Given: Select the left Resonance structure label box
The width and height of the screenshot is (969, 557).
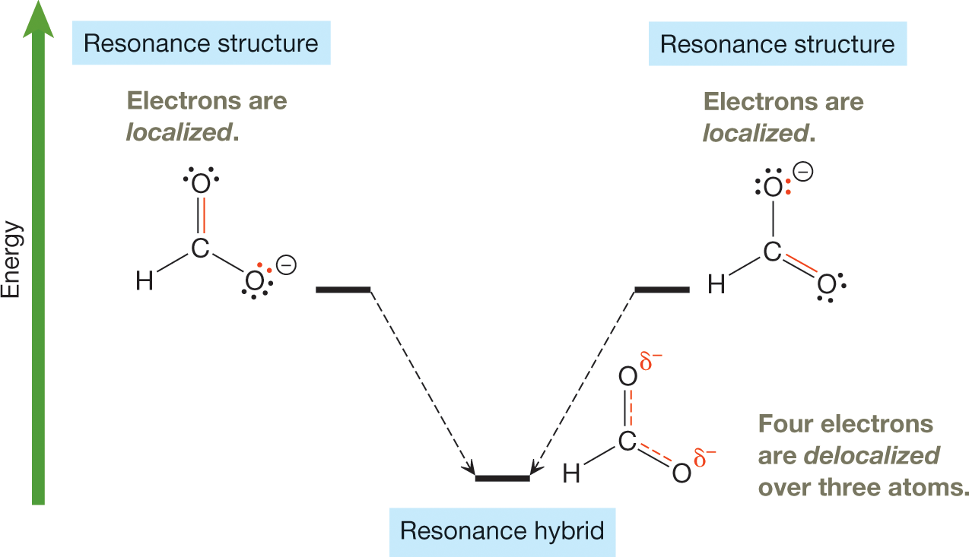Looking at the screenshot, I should click(x=201, y=43).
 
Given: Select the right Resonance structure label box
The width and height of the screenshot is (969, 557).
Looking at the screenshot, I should click(x=777, y=44).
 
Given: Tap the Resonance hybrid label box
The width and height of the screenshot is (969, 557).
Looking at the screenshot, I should click(x=502, y=530).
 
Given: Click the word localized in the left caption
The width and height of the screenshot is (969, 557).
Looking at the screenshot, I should click(x=179, y=133).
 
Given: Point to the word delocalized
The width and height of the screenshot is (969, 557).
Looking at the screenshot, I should click(x=872, y=455).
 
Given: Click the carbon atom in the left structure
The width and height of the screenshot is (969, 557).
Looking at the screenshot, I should click(x=199, y=248).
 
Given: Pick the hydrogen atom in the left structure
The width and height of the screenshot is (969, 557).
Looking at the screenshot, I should click(x=144, y=282).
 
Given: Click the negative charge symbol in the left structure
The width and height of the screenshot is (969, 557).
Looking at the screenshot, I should click(x=286, y=265).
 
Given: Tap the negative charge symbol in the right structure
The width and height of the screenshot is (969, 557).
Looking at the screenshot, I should click(x=803, y=172).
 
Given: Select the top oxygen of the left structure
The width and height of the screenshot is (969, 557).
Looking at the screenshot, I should click(x=201, y=184).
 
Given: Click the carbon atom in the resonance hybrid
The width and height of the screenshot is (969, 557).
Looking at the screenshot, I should click(x=626, y=441).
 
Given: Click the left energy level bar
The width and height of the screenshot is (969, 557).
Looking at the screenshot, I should click(x=342, y=290).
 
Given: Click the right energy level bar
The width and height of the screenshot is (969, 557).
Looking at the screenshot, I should click(x=661, y=290).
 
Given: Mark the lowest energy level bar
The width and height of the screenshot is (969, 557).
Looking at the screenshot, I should click(x=502, y=478).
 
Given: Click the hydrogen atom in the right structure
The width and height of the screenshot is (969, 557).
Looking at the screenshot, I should click(x=716, y=285).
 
